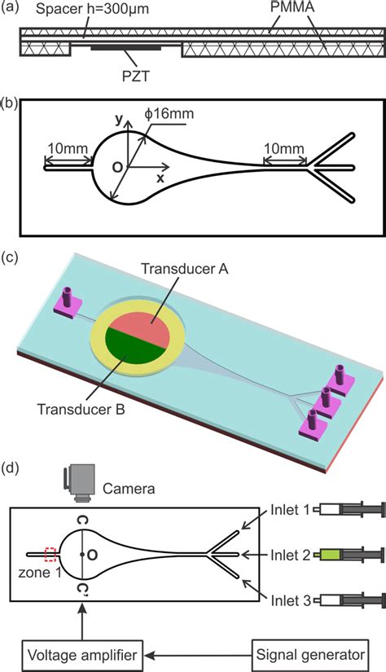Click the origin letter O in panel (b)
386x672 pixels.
coord(119,167)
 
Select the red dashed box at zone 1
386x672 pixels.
coord(52,555)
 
